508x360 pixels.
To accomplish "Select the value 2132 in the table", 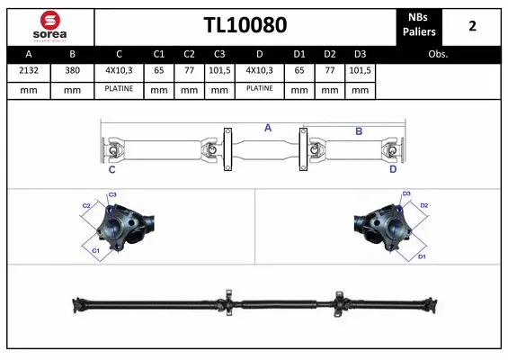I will click(x=29, y=70).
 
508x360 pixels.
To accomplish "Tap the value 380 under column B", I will click(x=72, y=70).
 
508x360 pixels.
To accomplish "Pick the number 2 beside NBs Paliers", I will click(x=472, y=25).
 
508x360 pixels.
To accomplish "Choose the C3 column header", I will click(x=218, y=54).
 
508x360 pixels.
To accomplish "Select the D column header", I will click(x=259, y=54).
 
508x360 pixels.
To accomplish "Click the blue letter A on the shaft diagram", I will click(x=267, y=128).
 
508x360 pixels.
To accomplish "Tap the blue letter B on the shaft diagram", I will click(x=358, y=131).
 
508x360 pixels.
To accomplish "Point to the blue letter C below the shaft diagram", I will click(x=112, y=169).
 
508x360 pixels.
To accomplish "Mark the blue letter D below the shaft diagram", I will click(x=393, y=169).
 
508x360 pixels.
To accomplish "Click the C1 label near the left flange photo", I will click(x=95, y=251).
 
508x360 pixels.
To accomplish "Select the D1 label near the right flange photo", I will click(x=421, y=257).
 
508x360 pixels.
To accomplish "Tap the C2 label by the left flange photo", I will click(x=87, y=206).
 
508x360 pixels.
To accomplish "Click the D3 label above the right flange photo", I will click(x=406, y=193).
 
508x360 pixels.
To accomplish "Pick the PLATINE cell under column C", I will click(x=119, y=90).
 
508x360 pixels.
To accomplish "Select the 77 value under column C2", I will click(x=189, y=70).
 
